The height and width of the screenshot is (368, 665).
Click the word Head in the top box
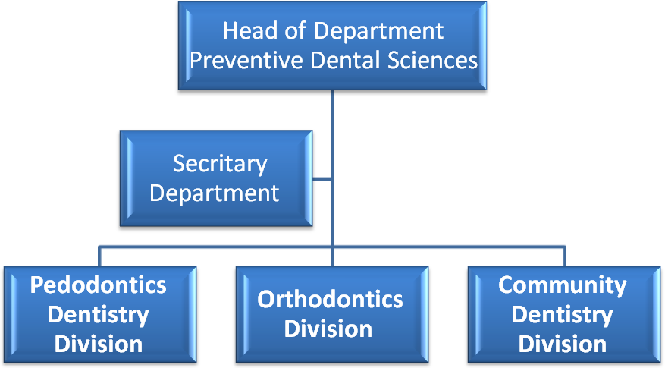click(249, 31)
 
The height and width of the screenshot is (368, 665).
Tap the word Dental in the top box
click(345, 60)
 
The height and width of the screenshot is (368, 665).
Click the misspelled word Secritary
click(220, 164)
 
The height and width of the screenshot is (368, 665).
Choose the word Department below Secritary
click(214, 193)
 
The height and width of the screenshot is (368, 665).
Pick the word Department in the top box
click(378, 32)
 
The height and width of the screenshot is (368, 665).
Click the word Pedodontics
click(98, 285)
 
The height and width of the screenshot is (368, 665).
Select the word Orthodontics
click(330, 300)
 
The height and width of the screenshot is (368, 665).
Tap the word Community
click(563, 286)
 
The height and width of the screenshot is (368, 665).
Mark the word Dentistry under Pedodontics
click(98, 316)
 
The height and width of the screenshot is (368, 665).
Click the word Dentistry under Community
click(563, 316)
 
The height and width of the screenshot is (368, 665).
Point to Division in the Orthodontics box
click(328, 329)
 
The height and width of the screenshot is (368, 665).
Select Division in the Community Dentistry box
click(563, 344)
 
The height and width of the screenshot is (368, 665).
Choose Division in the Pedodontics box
click(99, 344)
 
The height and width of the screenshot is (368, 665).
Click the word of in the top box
click(295, 31)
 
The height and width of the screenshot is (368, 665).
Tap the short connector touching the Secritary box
click(322, 179)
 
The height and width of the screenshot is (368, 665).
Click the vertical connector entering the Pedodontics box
click(99, 256)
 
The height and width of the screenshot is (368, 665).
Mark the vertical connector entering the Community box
click(564, 256)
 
